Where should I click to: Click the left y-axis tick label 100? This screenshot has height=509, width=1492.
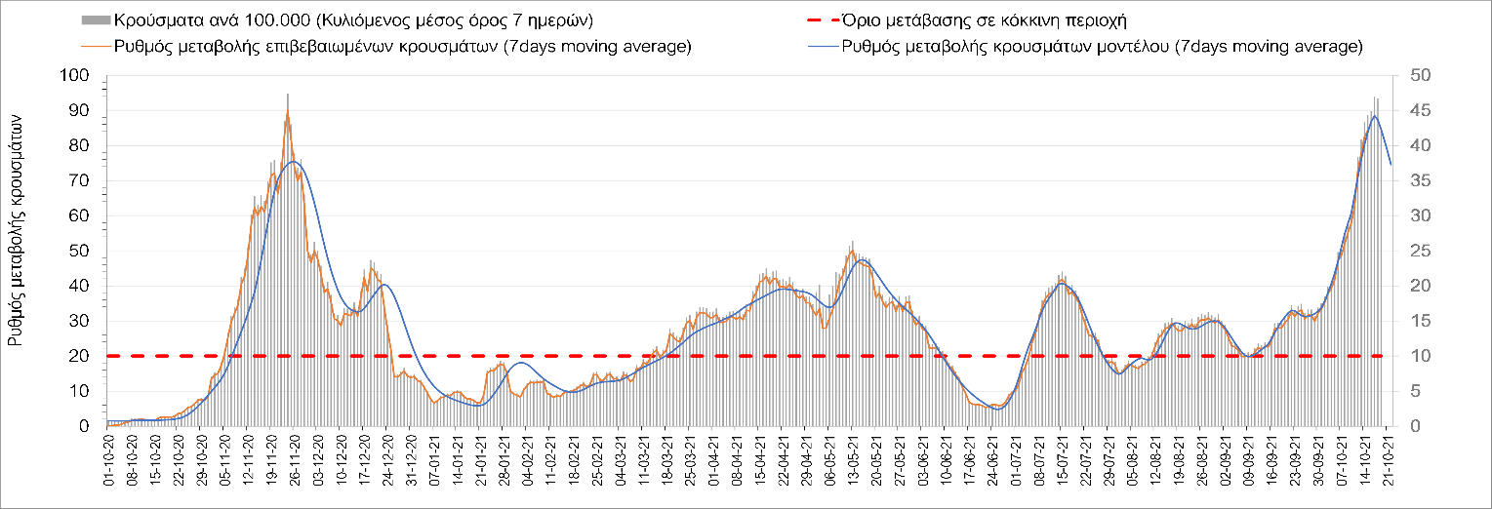[x=76, y=76]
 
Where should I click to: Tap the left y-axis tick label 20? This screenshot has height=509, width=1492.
[x=80, y=357]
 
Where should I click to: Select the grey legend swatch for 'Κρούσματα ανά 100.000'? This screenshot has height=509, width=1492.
[x=96, y=20]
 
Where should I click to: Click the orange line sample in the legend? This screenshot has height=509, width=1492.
[x=96, y=47]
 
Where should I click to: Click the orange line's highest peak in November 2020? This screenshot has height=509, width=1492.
[x=287, y=110]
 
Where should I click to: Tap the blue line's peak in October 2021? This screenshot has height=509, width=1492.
[x=1374, y=116]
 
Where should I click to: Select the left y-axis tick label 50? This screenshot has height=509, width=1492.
[x=80, y=252]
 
